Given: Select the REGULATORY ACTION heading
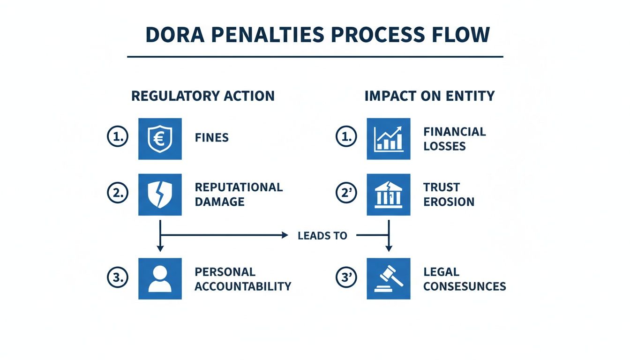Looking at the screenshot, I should (x=202, y=96).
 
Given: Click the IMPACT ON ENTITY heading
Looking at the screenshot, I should (x=429, y=96).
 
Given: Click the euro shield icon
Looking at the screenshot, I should (x=160, y=139).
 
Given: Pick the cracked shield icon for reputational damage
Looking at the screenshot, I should (x=160, y=195).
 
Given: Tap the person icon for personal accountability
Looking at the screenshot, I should (x=160, y=278).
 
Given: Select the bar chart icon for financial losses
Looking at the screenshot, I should (x=389, y=139).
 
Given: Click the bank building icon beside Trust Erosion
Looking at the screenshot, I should (x=389, y=195).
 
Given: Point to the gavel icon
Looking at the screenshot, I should (x=389, y=278).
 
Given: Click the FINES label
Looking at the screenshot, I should (x=211, y=138).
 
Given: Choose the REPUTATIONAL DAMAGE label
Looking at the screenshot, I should (x=239, y=195).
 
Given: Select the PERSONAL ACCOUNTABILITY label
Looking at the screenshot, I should (x=243, y=279).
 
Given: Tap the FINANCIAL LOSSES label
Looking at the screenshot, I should (x=454, y=139).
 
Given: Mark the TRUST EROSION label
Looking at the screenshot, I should (x=449, y=195).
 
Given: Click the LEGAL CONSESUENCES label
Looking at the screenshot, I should (x=464, y=279).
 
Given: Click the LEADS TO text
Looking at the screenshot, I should (x=322, y=236).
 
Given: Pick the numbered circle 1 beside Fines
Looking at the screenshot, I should (x=117, y=137).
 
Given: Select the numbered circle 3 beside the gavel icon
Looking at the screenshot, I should (x=346, y=278).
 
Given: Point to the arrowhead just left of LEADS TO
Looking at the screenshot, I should (x=285, y=235).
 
